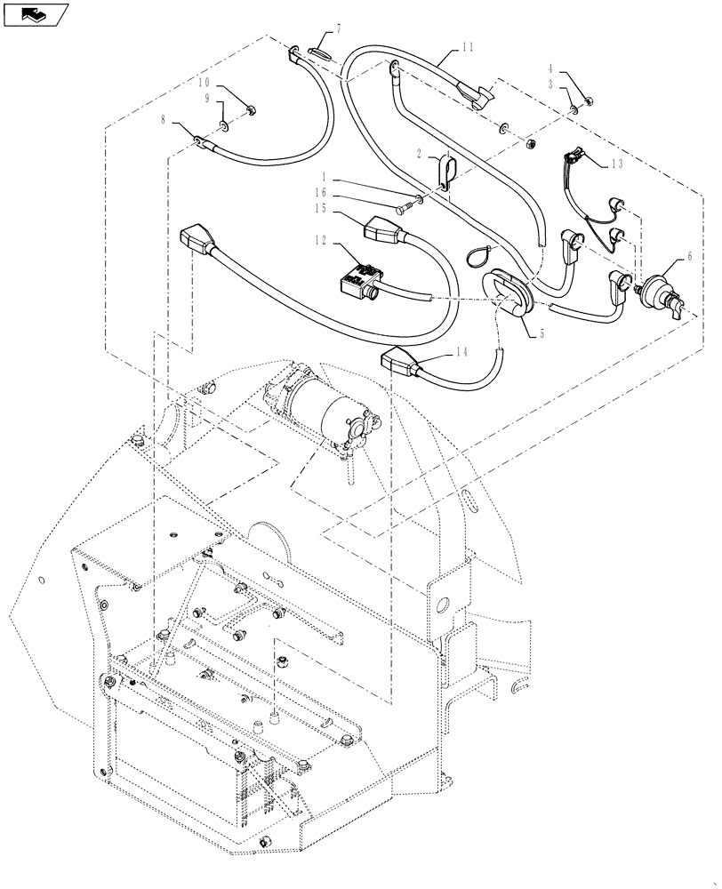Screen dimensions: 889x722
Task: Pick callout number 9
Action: click(x=207, y=99)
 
